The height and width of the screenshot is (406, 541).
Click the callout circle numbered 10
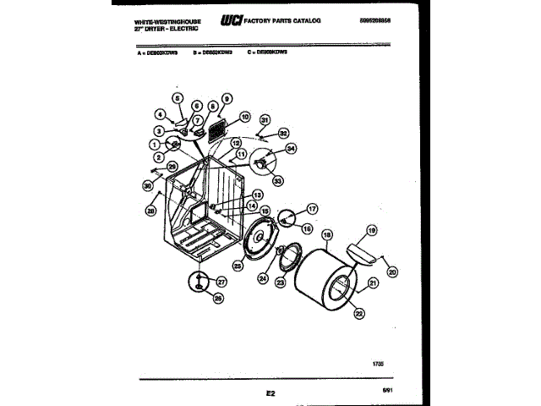coord(244,117)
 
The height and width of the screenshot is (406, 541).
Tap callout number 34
coord(292,149)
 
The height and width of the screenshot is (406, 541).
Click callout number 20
coord(391,272)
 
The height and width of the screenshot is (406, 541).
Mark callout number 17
coord(311,208)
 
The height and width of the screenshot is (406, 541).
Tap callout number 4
coord(159,114)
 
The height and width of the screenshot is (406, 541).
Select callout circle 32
coord(284,133)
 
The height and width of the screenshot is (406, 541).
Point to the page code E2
coord(270,393)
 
